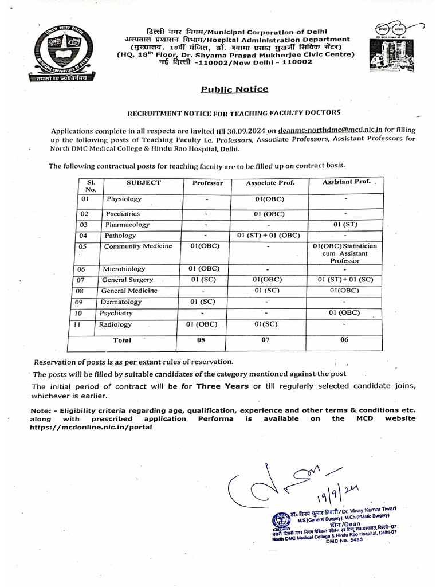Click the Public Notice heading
click(x=233, y=89)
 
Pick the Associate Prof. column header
click(x=269, y=183)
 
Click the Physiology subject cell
click(x=124, y=199)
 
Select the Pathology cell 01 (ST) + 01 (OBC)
click(x=269, y=236)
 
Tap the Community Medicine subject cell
click(x=137, y=246)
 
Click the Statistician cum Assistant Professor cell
click(x=344, y=253)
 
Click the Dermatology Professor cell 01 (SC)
click(x=203, y=302)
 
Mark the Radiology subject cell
click(x=115, y=324)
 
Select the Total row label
click(x=122, y=341)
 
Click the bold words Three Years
click(x=222, y=386)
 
